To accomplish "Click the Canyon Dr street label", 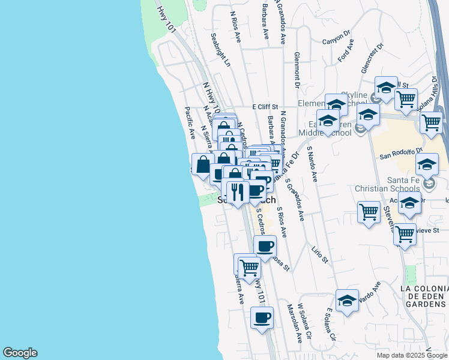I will [336, 38].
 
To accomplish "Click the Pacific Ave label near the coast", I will [190, 122].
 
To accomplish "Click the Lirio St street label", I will [320, 254].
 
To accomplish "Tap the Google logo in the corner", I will [20, 353].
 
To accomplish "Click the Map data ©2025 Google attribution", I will [412, 355].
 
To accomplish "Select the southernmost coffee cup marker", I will [262, 318].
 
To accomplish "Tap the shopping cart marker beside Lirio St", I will [369, 212].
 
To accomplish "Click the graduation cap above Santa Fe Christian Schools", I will [427, 164].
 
